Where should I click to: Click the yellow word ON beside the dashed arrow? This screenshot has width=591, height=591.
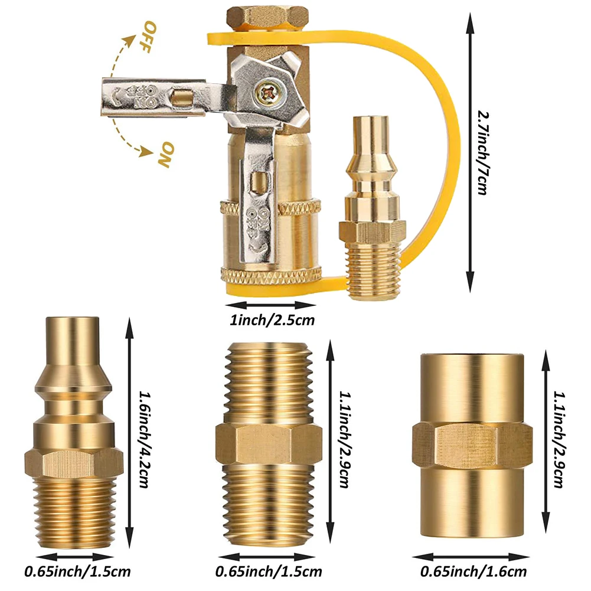click(x=166, y=155)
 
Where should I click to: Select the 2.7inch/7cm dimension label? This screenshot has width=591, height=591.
click(x=483, y=152)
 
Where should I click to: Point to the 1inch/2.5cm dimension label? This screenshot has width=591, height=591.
click(x=272, y=321)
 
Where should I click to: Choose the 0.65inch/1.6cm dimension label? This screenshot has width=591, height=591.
click(x=473, y=572)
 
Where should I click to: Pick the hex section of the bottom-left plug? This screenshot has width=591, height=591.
click(x=74, y=464)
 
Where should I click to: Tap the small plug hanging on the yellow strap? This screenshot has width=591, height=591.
click(x=372, y=208)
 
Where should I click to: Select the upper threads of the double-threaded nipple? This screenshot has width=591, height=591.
click(x=269, y=382)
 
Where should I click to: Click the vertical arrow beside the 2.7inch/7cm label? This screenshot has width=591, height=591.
click(x=469, y=152)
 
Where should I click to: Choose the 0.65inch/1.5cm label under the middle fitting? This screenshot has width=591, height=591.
click(x=269, y=572)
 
